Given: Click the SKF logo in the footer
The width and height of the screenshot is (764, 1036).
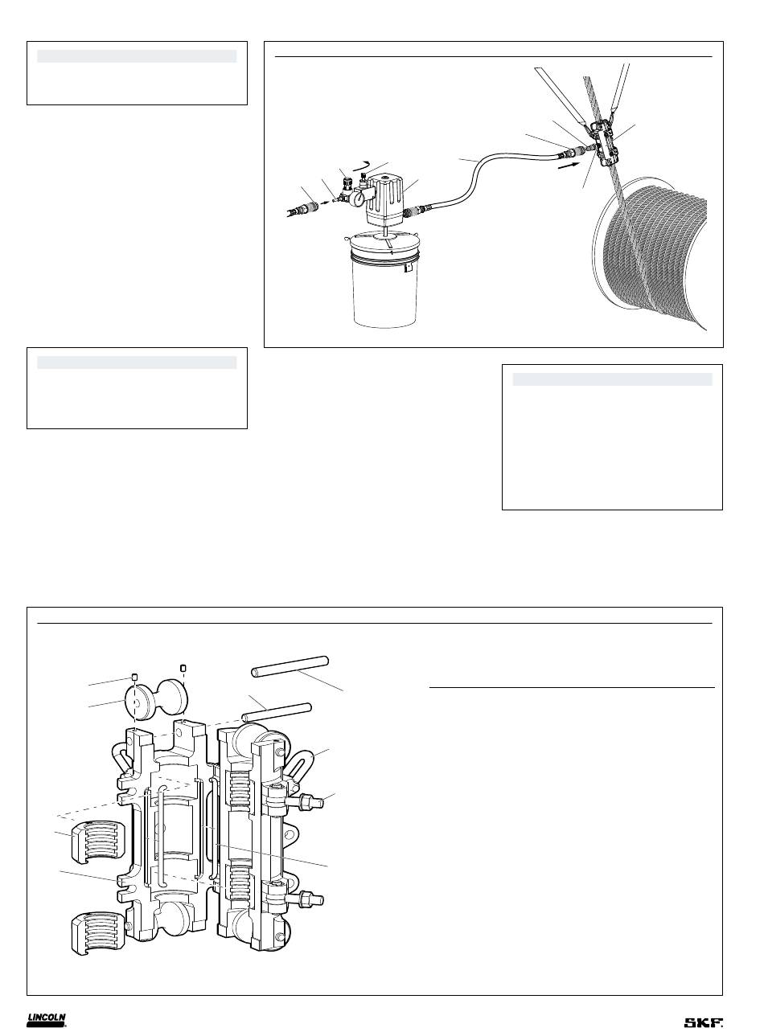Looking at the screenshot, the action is click(x=704, y=1018).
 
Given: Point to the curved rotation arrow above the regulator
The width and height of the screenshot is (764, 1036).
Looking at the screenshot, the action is click(x=360, y=164).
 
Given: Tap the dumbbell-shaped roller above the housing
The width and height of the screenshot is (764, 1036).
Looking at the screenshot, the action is click(x=158, y=701).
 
